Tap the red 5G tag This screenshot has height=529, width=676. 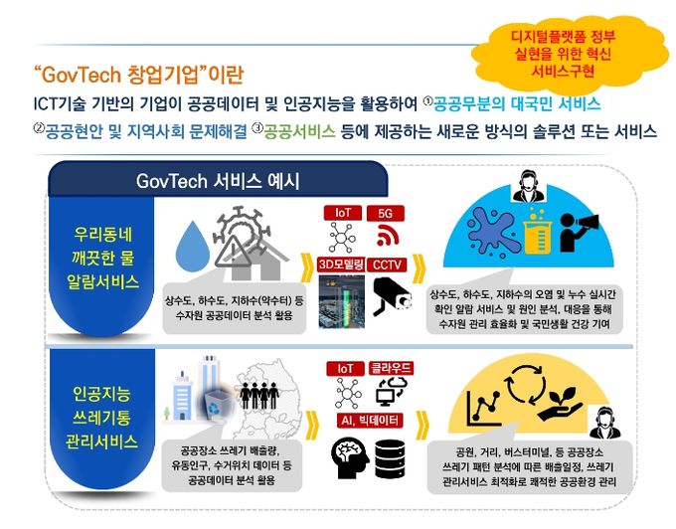[x=386, y=214]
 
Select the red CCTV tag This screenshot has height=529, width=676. [x=387, y=264]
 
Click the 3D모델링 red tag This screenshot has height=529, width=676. [x=341, y=264]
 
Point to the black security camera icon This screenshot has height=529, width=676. [x=392, y=296]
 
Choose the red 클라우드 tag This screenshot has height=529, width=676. [x=391, y=368]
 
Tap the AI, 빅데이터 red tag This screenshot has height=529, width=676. [x=370, y=420]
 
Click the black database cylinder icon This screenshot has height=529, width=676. [x=390, y=458]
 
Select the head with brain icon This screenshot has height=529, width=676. [x=350, y=458]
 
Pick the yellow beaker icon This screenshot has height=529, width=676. [x=538, y=232]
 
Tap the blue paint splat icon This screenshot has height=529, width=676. [x=492, y=232]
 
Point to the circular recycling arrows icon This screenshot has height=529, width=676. [x=526, y=383]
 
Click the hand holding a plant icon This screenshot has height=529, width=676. [x=562, y=405]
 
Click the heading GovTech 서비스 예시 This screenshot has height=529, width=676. [x=218, y=181]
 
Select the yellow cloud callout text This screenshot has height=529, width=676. [x=563, y=54]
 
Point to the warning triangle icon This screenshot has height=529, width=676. [x=234, y=252]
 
